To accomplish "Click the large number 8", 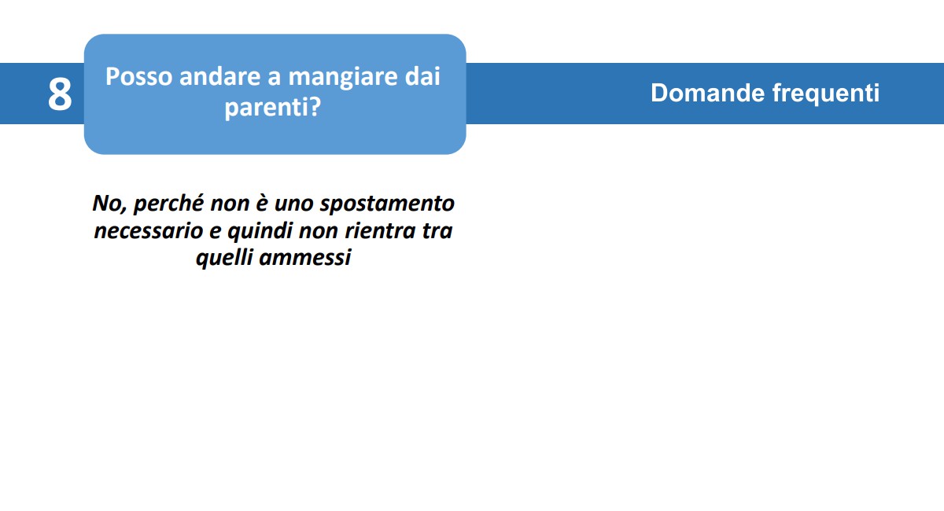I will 60,94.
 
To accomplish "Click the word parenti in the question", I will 267,108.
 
